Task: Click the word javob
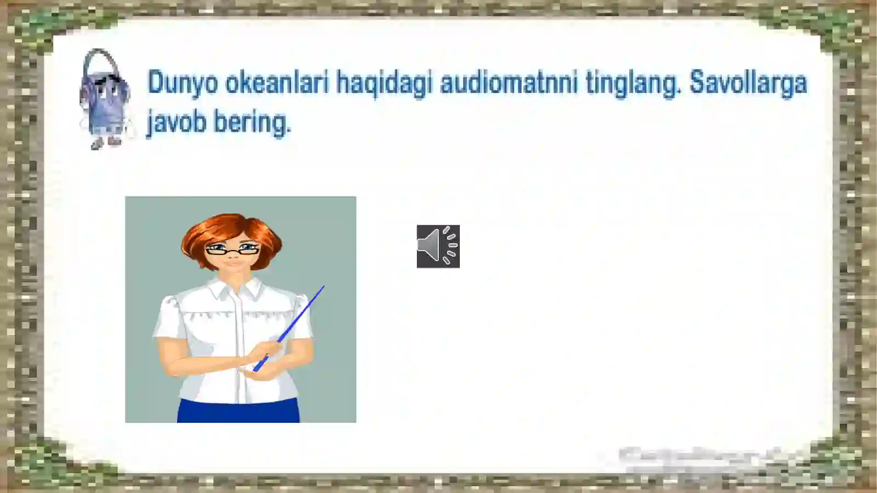(176, 122)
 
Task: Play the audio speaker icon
(438, 246)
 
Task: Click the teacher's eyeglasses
(232, 250)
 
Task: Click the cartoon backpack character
(105, 101)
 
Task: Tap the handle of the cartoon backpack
(102, 60)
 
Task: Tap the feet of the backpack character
(106, 143)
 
